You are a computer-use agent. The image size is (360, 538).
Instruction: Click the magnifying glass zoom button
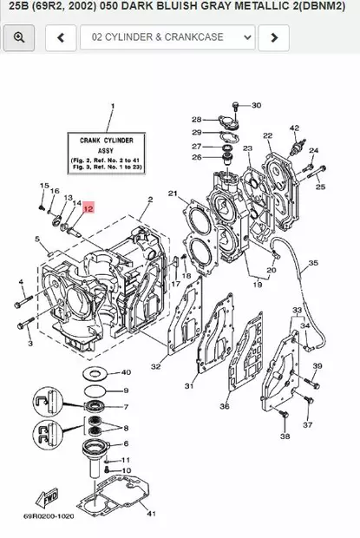point(19,37)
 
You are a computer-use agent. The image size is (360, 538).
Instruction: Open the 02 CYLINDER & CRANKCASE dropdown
point(167,37)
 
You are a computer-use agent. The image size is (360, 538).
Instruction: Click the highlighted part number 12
point(88,208)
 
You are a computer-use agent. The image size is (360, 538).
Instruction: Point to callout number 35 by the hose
point(313,263)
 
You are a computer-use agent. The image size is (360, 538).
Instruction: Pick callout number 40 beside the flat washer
point(126,371)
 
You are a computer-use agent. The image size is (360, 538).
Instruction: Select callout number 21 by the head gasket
point(173,193)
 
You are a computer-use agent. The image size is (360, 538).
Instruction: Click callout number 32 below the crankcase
point(155,366)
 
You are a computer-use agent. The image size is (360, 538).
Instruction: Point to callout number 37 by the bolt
point(308,425)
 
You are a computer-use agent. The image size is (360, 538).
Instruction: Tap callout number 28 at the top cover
point(197,119)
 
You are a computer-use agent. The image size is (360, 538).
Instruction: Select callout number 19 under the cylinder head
point(256,284)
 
